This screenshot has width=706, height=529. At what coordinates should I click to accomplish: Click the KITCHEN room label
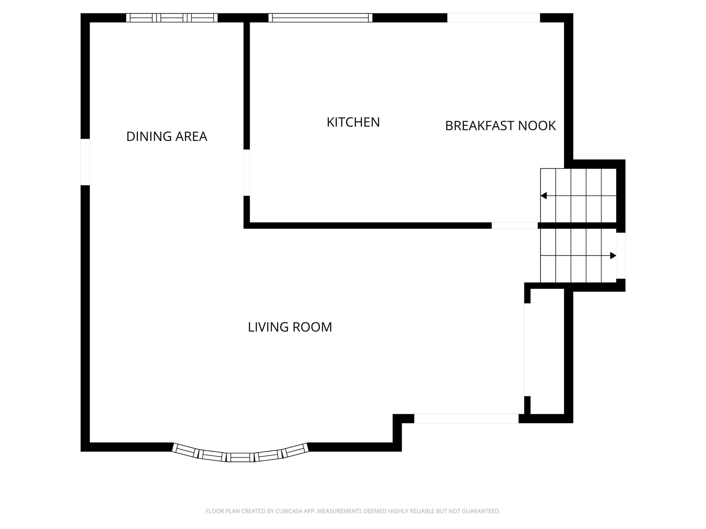click(353, 122)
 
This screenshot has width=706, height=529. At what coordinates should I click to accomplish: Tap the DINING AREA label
click(167, 136)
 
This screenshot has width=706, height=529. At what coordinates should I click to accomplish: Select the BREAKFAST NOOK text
click(501, 126)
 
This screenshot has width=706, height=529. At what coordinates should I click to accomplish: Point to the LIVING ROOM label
click(290, 327)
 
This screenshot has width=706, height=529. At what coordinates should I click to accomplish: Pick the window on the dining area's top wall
click(172, 18)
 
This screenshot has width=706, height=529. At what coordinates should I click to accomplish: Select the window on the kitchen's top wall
click(320, 18)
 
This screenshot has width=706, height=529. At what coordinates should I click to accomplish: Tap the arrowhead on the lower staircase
click(613, 255)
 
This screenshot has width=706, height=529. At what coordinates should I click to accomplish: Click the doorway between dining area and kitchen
click(246, 172)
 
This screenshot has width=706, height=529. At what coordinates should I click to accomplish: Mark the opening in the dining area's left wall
click(85, 162)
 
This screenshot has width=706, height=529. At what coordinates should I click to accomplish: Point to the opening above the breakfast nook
click(493, 18)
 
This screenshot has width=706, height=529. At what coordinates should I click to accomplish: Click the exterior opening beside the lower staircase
click(621, 256)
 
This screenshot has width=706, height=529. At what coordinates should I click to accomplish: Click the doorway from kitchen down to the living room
click(515, 225)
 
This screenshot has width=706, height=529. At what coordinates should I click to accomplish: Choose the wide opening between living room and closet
click(527, 350)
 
